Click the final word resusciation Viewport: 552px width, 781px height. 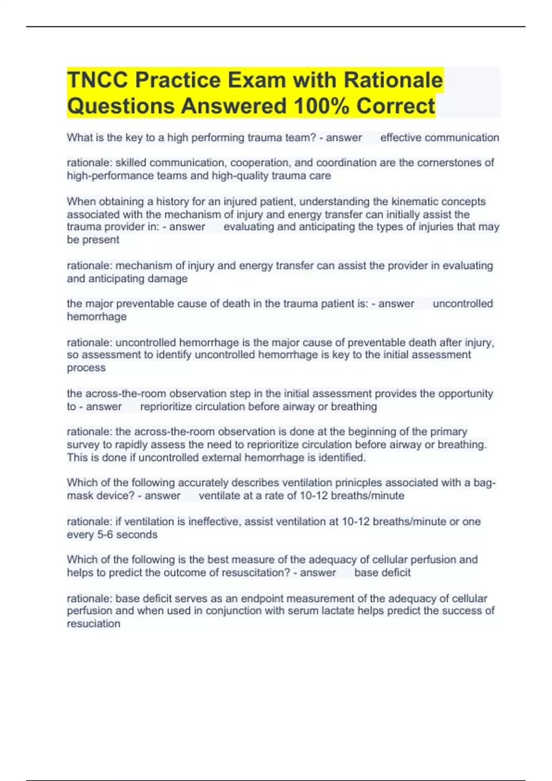pyautogui.click(x=93, y=624)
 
